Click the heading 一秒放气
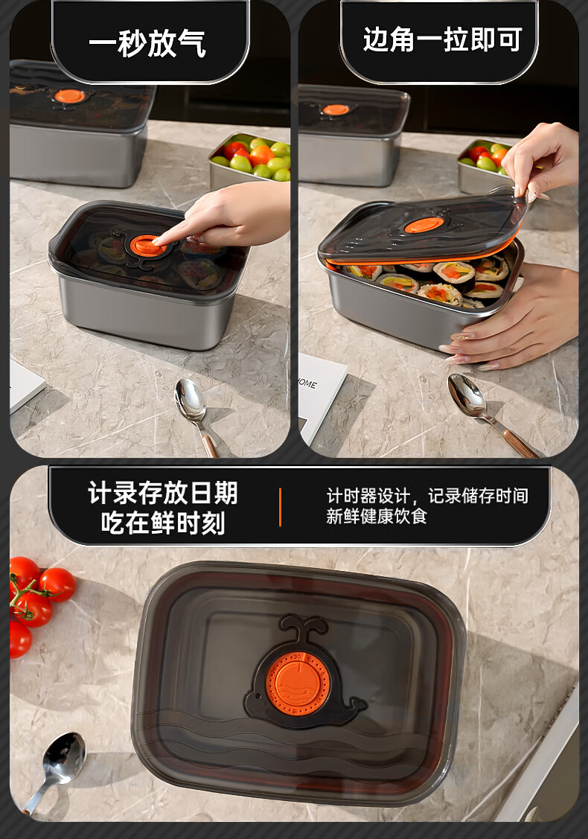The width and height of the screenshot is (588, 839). pos(147,43)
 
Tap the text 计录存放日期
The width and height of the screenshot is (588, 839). pos(163,492)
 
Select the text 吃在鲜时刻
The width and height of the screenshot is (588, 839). pos(163,523)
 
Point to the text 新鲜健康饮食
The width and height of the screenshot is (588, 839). pos(377,516)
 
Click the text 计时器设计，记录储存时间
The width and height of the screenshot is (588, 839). pos(427,496)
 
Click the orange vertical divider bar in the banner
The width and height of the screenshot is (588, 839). pos(280,507)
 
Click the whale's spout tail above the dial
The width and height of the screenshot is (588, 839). pos(303,627)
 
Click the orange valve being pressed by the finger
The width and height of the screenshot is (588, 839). pos(147,246)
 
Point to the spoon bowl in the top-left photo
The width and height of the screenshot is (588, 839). pos(190,398)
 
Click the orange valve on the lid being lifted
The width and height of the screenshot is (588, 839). pos(424,225)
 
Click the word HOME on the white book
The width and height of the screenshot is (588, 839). pos(307,383)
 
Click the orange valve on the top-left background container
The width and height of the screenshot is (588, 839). pos(69,96)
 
